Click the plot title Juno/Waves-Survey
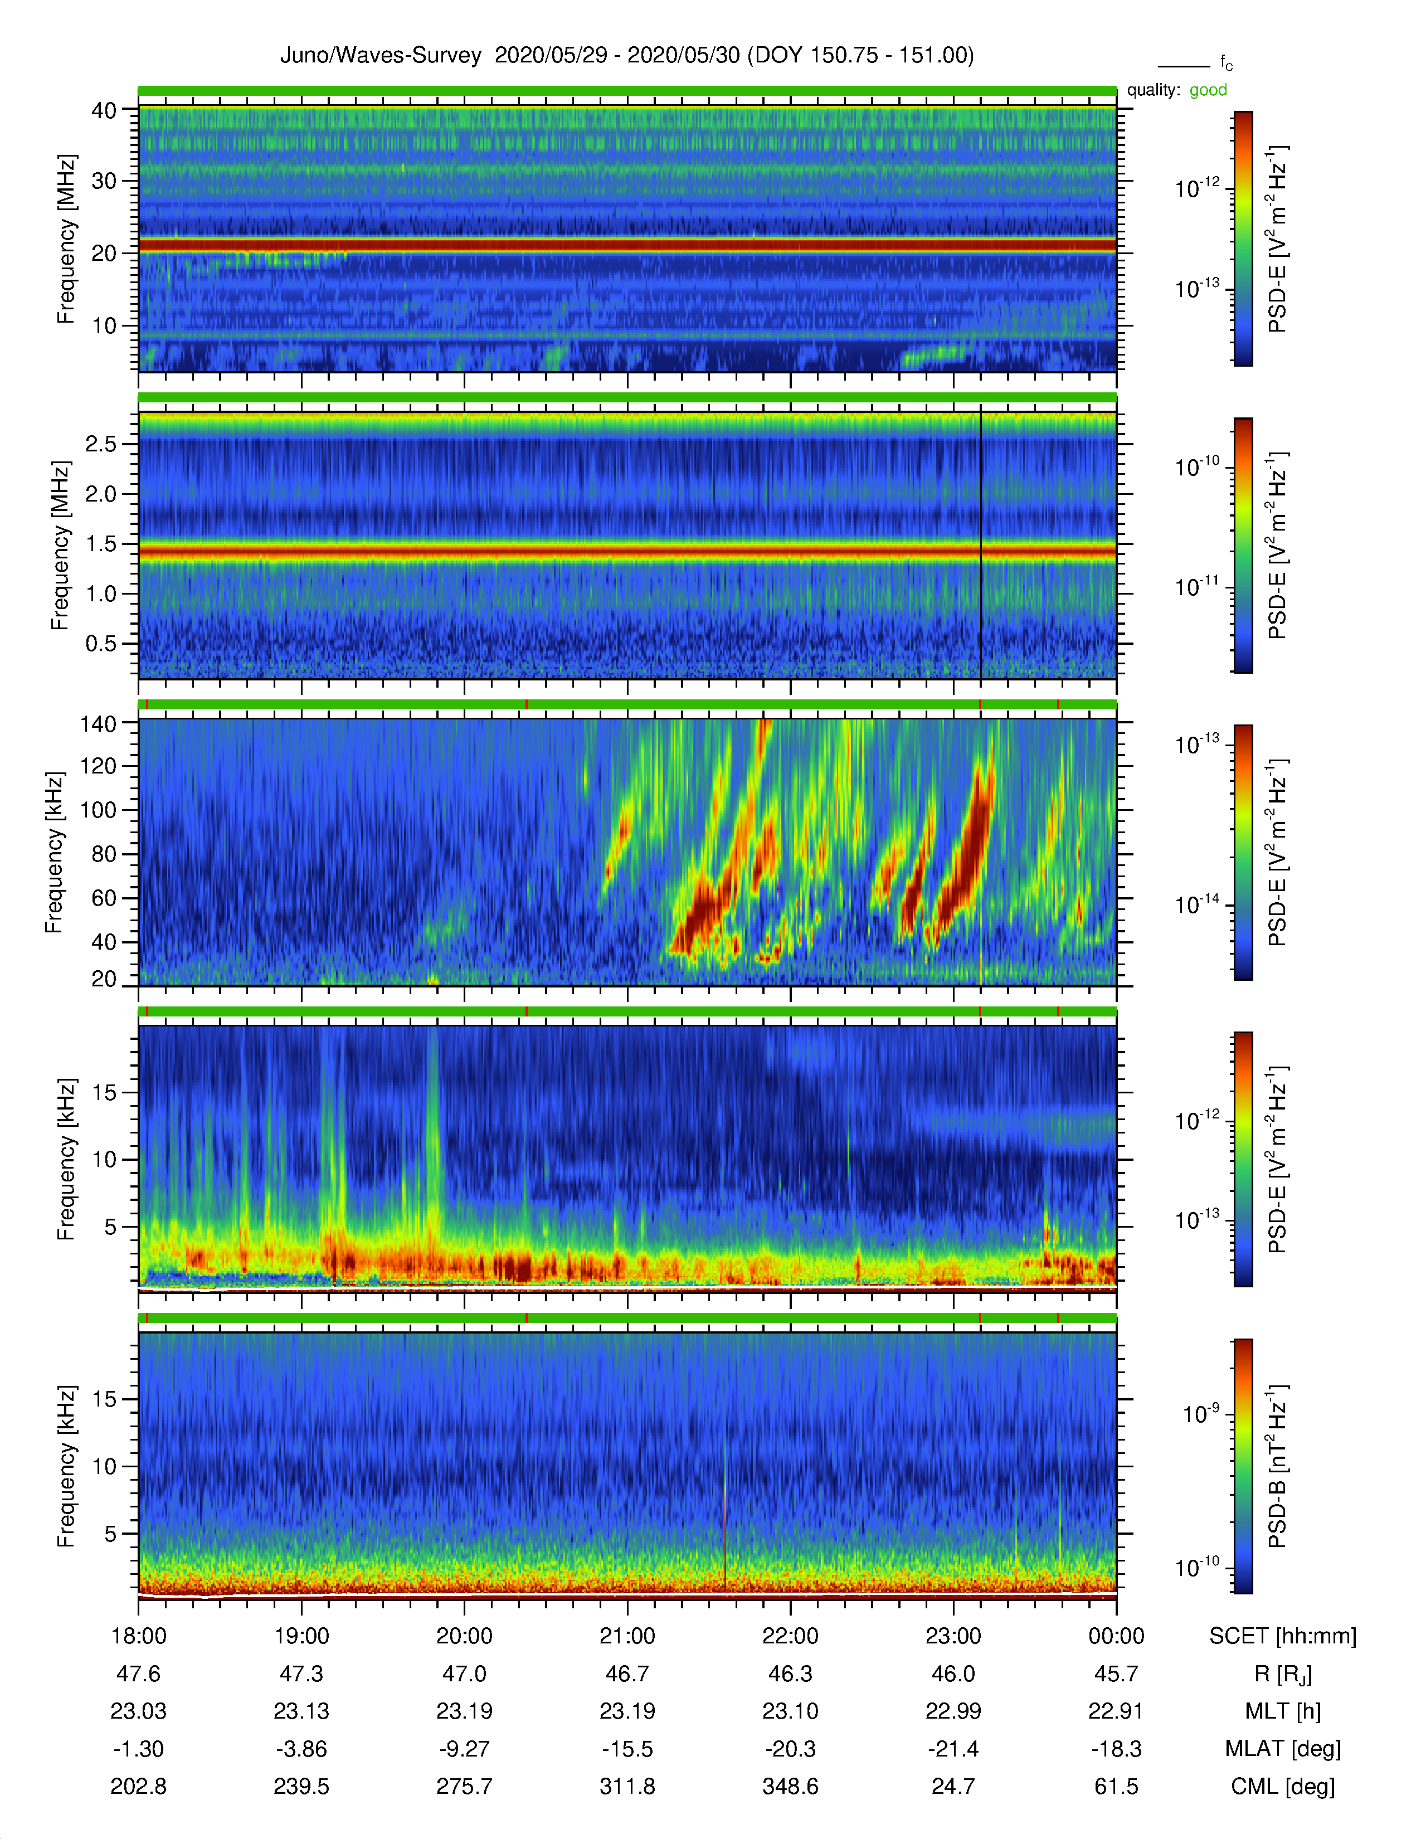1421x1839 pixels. tap(381, 56)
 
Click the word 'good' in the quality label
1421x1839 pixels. tap(1208, 90)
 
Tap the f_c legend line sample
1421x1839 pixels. tap(1184, 66)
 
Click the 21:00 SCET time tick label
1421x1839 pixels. tap(627, 1636)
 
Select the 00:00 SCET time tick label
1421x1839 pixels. tap(1116, 1636)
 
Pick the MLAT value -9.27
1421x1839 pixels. tap(464, 1749)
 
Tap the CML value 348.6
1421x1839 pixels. tap(791, 1786)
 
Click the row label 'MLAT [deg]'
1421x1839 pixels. tap(1283, 1749)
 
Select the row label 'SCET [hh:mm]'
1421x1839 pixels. tap(1283, 1636)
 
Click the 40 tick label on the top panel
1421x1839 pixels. tap(104, 110)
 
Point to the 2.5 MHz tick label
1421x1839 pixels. tap(101, 444)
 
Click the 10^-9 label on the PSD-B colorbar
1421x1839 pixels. tap(1200, 1414)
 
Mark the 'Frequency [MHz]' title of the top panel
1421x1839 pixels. tap(66, 239)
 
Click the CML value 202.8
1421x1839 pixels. tap(139, 1786)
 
